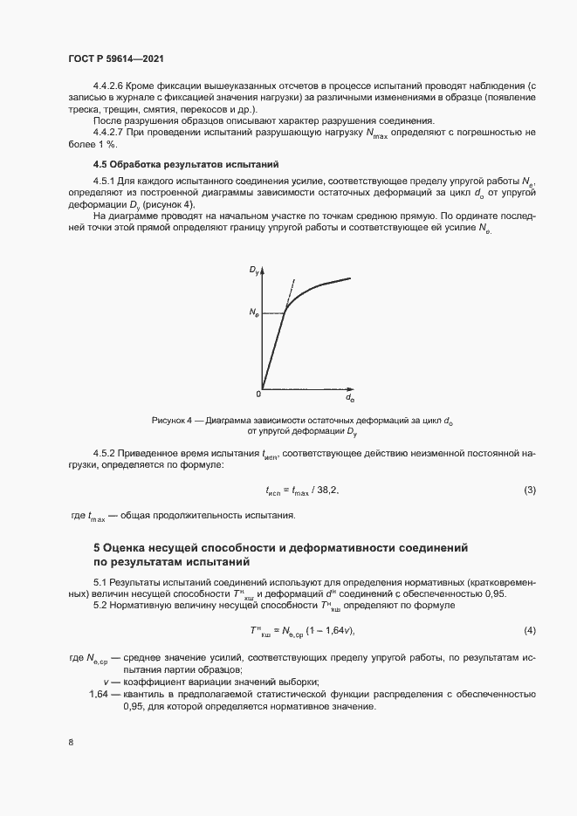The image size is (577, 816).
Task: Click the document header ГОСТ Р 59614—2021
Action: click(115, 58)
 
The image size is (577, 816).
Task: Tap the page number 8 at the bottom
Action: click(71, 743)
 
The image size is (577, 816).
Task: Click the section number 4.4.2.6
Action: click(109, 86)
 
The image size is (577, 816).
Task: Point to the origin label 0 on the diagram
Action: click(258, 393)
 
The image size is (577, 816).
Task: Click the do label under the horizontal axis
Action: click(350, 399)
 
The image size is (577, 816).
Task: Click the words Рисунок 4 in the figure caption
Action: click(171, 420)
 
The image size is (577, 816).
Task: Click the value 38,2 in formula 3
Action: click(326, 490)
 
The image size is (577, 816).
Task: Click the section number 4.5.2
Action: click(107, 453)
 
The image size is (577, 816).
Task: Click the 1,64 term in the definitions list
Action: click(100, 694)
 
